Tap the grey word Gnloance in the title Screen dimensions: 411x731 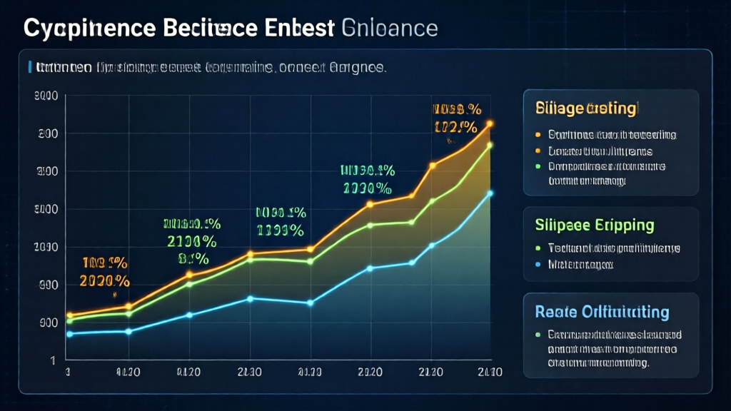click(x=390, y=29)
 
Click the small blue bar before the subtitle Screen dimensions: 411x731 click(x=29, y=68)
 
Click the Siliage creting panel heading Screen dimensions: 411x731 click(x=585, y=109)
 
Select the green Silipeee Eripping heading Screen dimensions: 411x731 click(x=594, y=225)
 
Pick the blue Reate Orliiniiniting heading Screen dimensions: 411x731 click(x=602, y=313)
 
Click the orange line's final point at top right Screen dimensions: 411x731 click(x=490, y=124)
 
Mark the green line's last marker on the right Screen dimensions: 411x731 click(x=490, y=146)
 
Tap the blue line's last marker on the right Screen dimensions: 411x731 click(x=490, y=193)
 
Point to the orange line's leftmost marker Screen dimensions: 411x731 click(x=69, y=315)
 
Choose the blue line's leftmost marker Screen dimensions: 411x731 click(x=69, y=333)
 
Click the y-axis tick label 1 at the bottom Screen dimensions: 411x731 click(x=54, y=361)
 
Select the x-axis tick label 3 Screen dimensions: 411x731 click(x=68, y=372)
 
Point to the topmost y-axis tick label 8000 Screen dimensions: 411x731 click(x=46, y=96)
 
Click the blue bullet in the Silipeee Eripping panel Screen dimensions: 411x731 click(x=538, y=265)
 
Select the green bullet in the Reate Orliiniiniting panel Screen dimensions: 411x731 click(x=538, y=334)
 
